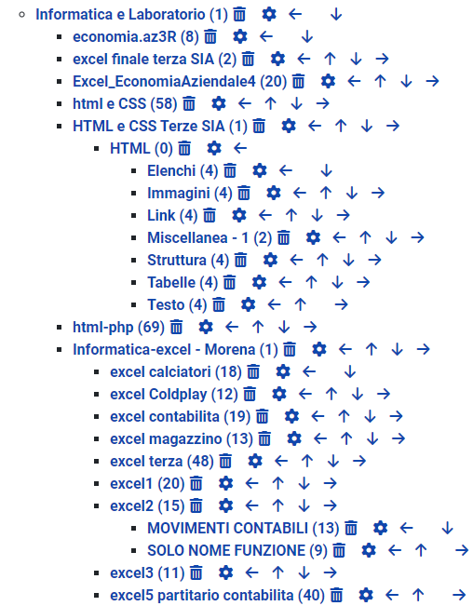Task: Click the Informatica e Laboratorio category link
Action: pyautogui.click(x=132, y=14)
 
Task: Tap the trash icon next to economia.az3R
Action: pyautogui.click(x=210, y=36)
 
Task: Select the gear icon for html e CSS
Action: pyautogui.click(x=219, y=103)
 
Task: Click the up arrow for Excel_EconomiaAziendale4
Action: pyautogui.click(x=380, y=81)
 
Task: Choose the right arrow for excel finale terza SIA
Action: pyautogui.click(x=382, y=59)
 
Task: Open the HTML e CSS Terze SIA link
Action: pyautogui.click(x=160, y=126)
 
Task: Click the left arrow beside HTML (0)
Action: pyautogui.click(x=240, y=148)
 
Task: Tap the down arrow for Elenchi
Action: pyautogui.click(x=327, y=170)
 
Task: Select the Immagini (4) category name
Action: pyautogui.click(x=190, y=193)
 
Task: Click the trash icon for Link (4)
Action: pyautogui.click(x=209, y=215)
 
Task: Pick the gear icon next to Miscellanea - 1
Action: pyautogui.click(x=313, y=237)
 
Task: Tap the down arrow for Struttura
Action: pyautogui.click(x=348, y=260)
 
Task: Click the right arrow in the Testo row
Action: pyautogui.click(x=341, y=304)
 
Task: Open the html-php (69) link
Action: pyautogui.click(x=118, y=327)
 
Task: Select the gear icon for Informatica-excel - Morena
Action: pyautogui.click(x=319, y=349)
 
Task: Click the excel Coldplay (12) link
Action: pyautogui.click(x=174, y=394)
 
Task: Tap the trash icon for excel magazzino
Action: pyautogui.click(x=264, y=438)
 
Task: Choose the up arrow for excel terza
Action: pyautogui.click(x=307, y=461)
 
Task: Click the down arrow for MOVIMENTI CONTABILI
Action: pyautogui.click(x=448, y=528)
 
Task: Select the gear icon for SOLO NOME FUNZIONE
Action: pyautogui.click(x=369, y=550)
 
